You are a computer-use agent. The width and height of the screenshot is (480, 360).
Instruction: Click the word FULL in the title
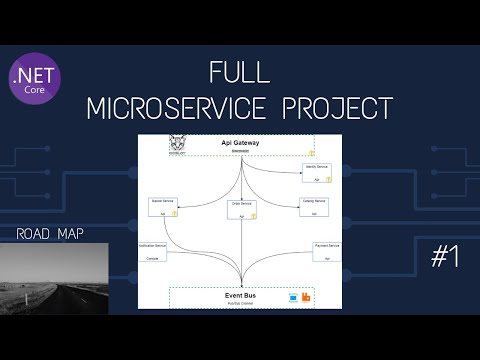240,73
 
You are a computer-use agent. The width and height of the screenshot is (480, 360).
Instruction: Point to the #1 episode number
444,257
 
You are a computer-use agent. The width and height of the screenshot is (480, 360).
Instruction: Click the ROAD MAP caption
51,235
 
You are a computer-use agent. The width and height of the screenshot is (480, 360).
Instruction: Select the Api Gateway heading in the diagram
240,143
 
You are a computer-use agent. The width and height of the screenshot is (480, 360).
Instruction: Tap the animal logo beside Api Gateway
179,144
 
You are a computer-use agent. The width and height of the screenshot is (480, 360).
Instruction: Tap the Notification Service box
154,251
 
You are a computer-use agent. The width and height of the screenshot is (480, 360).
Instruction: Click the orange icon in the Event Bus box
308,297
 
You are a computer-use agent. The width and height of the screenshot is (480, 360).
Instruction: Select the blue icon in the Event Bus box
293,297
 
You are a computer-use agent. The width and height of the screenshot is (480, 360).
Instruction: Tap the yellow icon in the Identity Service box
327,178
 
